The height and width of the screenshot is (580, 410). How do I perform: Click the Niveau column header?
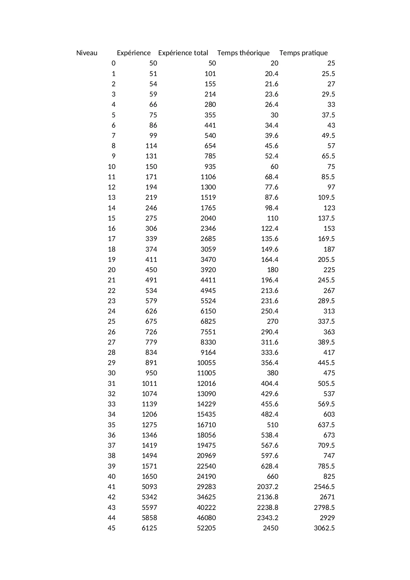(x=87, y=53)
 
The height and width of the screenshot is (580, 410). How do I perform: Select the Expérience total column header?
(x=183, y=53)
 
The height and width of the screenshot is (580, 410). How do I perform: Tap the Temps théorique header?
(x=243, y=53)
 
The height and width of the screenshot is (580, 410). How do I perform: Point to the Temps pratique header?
(x=303, y=53)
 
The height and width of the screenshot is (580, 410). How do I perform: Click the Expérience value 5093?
(x=149, y=487)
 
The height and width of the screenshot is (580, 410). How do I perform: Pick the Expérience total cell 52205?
(x=206, y=528)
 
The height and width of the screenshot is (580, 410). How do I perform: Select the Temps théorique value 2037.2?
(x=268, y=487)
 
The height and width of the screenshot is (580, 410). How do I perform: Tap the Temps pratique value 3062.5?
(x=324, y=528)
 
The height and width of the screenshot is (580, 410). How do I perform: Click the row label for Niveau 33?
(x=112, y=404)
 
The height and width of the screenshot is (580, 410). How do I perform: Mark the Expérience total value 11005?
(x=206, y=373)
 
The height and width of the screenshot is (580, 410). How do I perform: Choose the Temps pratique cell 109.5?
(x=326, y=197)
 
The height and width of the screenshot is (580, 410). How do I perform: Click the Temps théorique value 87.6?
(x=272, y=197)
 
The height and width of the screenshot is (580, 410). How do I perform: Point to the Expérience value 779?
(x=151, y=342)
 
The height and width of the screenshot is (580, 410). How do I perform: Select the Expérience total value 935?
(x=210, y=167)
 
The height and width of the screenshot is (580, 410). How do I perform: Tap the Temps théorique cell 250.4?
(x=270, y=311)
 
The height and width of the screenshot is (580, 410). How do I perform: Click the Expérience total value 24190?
(x=206, y=476)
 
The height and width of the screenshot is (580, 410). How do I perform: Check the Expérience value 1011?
(x=149, y=384)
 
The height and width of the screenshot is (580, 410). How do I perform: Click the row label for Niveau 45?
(x=112, y=528)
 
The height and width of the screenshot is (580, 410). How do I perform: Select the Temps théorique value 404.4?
(x=270, y=384)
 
